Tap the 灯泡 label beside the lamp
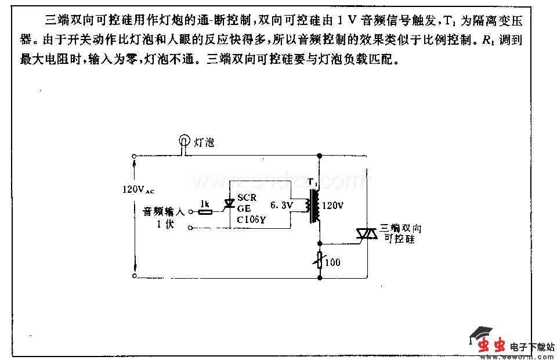click(204, 142)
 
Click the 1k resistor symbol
click(204, 213)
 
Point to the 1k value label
click(204, 204)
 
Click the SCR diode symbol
click(229, 203)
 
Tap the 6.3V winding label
click(283, 206)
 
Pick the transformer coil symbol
click(316, 206)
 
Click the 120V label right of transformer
click(332, 206)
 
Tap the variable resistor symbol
click(319, 260)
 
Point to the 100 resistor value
click(333, 262)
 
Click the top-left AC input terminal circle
click(134, 156)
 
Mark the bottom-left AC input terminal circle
click(134, 278)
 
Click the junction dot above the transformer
click(319, 156)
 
